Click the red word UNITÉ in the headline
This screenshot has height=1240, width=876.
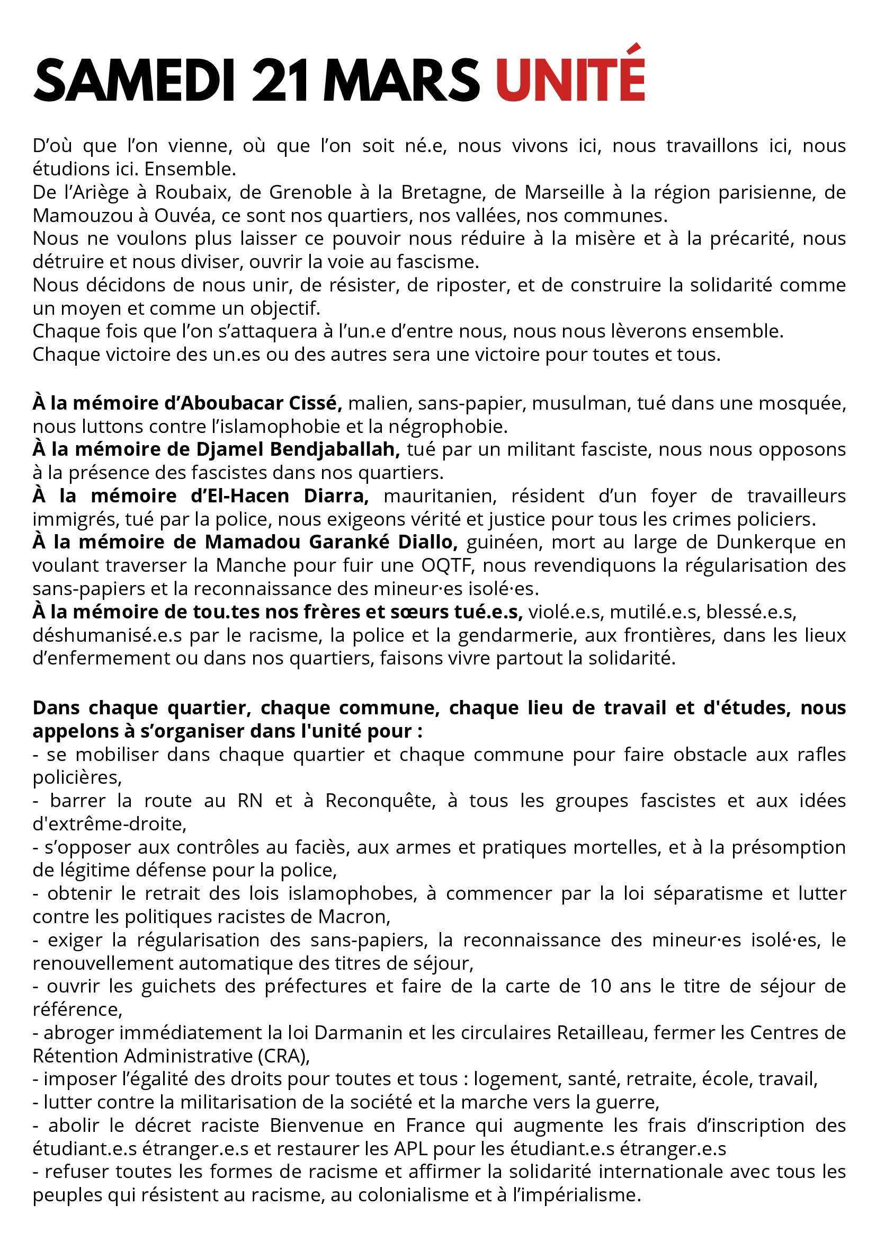570,80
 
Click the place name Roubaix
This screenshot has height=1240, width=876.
196,192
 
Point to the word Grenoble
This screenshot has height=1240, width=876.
311,192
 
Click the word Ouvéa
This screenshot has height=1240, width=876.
168,216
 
